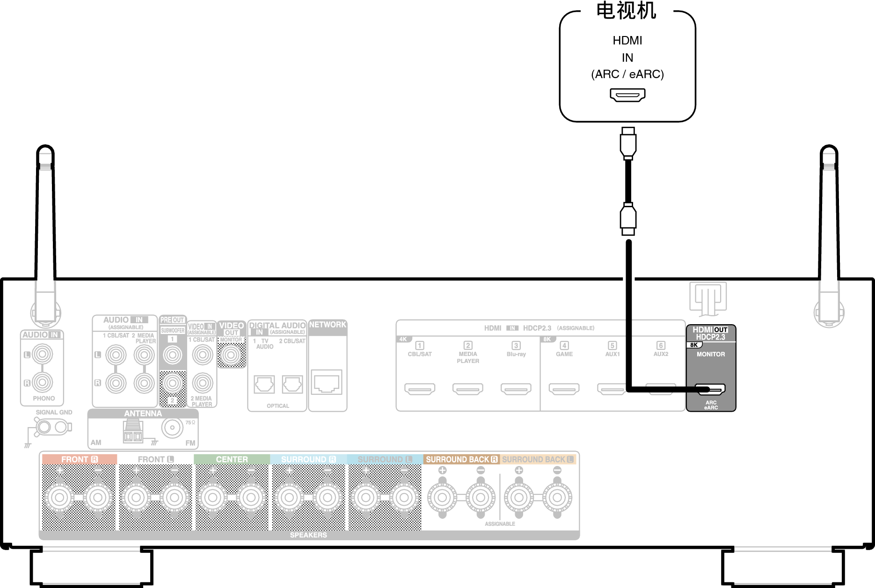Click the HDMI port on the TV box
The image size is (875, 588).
[627, 95]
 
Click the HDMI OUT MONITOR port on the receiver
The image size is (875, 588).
[710, 389]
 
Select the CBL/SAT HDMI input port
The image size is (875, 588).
[420, 389]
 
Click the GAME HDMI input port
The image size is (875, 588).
[564, 389]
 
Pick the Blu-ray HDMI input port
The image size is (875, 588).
[516, 389]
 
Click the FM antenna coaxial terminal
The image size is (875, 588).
[172, 428]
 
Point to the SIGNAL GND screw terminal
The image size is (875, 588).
[45, 427]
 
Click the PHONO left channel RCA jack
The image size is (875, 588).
[42, 354]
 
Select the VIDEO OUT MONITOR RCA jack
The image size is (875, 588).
[231, 356]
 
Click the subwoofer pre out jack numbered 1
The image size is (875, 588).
[173, 356]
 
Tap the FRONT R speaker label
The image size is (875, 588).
[79, 459]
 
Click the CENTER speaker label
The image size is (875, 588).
[232, 459]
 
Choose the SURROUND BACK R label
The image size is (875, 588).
[461, 459]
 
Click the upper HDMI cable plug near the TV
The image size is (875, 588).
[628, 142]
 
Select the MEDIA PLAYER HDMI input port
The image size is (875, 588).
[468, 389]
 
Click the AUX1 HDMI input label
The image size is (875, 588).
[612, 354]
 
